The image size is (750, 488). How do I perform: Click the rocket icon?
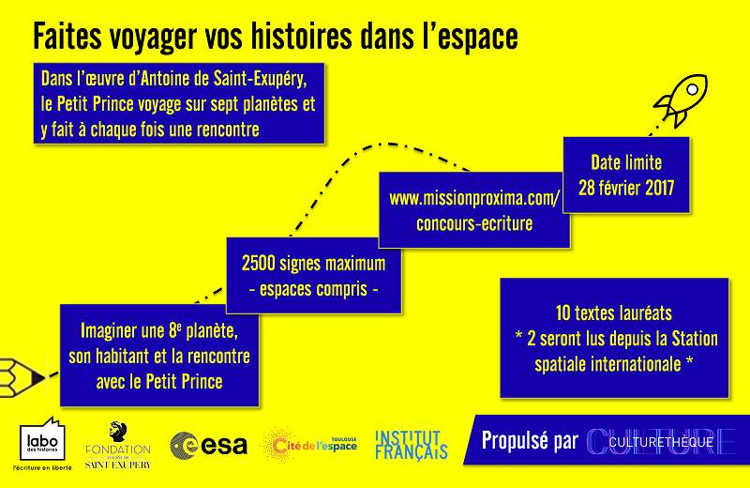[682, 99]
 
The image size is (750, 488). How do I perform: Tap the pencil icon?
[22, 378]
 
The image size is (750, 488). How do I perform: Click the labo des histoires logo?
[42, 444]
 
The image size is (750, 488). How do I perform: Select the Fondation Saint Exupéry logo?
[118, 446]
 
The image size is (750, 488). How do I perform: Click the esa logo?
[208, 446]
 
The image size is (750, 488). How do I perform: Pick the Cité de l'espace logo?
[310, 445]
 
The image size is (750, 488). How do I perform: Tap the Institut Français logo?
[411, 445]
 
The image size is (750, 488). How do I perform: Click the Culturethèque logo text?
[661, 442]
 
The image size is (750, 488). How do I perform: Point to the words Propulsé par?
[530, 441]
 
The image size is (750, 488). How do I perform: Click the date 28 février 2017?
[626, 188]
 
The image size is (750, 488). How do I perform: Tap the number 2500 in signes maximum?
[258, 264]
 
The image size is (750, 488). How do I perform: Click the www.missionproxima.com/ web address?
[474, 198]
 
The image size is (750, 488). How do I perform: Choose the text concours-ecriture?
[474, 223]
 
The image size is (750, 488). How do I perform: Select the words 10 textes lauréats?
[614, 313]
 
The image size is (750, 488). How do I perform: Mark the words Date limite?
[626, 163]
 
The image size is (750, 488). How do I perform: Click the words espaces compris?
[313, 289]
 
